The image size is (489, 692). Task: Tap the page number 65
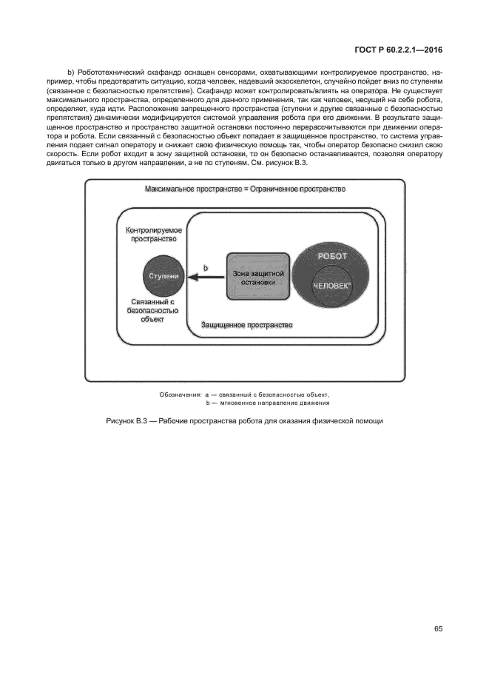coord(438,629)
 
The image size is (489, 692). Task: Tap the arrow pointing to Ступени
coord(205,278)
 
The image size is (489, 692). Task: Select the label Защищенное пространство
coord(247,325)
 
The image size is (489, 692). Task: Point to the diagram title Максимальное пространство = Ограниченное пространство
coord(246,189)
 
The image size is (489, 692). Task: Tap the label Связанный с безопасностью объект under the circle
coord(151,311)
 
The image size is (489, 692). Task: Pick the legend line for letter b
coord(267,403)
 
